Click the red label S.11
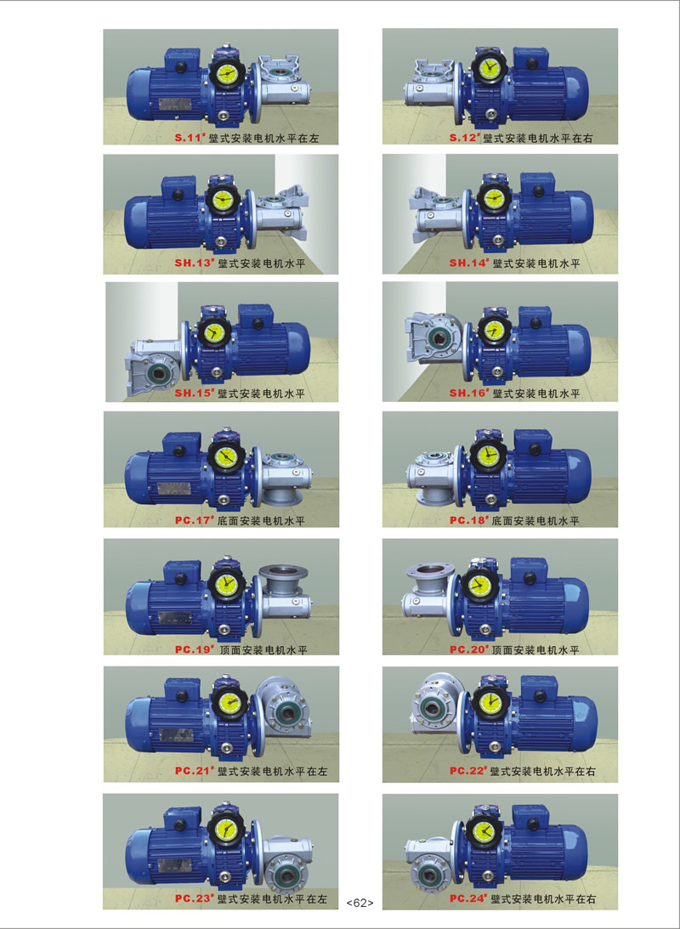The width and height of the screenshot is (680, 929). (x=190, y=138)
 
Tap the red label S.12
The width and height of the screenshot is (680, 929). (x=464, y=138)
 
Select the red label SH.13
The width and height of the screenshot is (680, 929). (x=193, y=263)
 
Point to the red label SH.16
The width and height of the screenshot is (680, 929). (x=468, y=393)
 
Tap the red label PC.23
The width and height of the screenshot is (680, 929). (x=194, y=898)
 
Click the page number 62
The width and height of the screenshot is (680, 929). (x=360, y=903)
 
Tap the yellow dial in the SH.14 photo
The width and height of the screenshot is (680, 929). (x=493, y=199)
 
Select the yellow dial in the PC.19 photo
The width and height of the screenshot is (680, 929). (x=227, y=585)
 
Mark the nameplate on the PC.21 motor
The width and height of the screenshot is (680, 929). (x=173, y=735)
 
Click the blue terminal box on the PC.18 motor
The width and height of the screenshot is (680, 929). (x=532, y=443)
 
